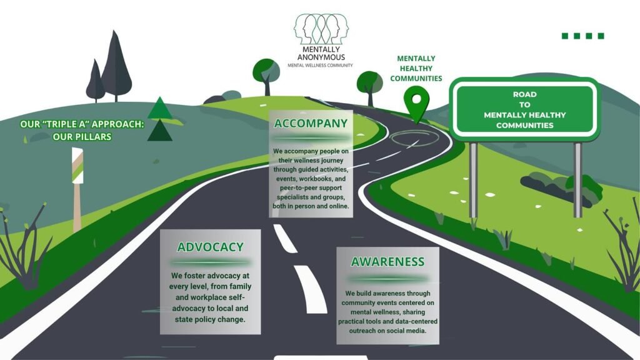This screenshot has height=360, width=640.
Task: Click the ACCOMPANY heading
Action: click(311, 124)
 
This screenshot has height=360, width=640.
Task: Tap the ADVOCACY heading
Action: click(210, 247)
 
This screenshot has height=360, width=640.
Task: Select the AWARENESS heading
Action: click(387, 262)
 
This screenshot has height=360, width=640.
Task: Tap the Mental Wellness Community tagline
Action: click(320, 65)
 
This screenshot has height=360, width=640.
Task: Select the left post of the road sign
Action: click(473, 178)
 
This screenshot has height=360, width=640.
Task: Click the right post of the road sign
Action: click(577, 178)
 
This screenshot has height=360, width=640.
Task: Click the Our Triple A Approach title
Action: click(82, 131)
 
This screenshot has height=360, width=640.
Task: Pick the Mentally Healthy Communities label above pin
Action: click(416, 69)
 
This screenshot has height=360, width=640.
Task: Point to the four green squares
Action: click(582, 36)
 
